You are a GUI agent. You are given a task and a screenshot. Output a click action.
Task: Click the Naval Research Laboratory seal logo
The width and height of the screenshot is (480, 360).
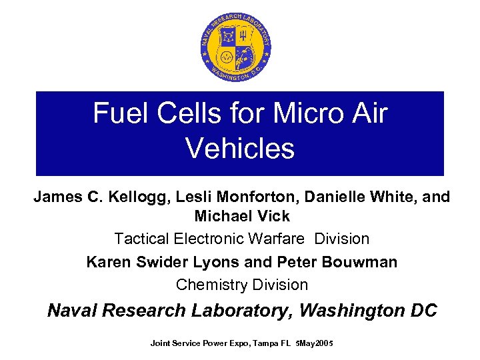point(237,47)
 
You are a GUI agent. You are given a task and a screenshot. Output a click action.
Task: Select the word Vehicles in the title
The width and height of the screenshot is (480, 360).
point(240,148)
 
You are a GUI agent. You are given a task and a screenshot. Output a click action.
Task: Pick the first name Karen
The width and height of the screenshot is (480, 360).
point(108,262)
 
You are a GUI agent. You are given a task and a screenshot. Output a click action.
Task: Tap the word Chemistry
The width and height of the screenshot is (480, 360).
point(209,285)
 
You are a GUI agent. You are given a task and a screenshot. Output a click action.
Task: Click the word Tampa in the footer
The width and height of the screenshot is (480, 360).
point(259,343)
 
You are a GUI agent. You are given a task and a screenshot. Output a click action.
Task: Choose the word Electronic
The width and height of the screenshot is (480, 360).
point(207,239)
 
